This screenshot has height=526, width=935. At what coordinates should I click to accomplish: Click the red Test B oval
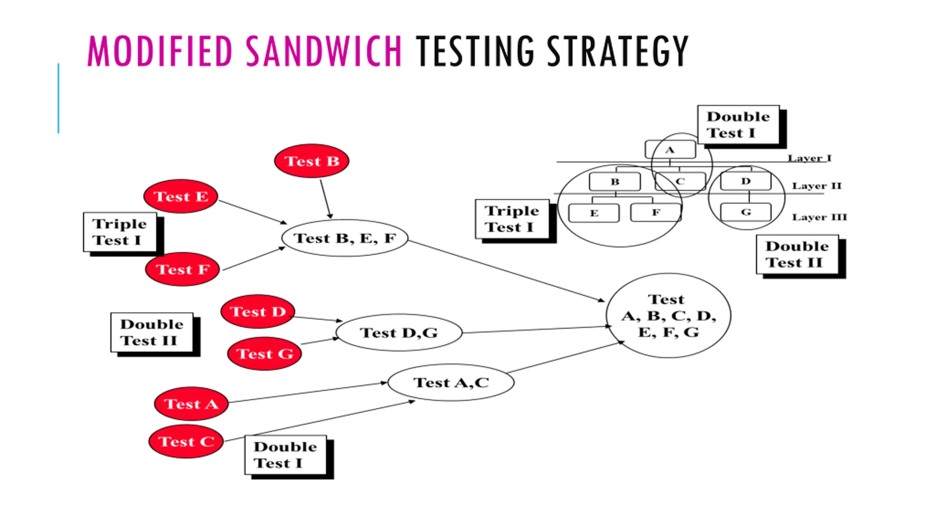coord(312,161)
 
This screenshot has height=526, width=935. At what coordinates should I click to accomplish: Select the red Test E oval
coord(181,196)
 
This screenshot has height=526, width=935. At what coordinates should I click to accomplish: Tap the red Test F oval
coord(183,269)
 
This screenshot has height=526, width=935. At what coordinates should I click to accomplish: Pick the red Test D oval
coord(258,312)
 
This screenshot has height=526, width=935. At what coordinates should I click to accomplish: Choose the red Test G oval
coord(264,354)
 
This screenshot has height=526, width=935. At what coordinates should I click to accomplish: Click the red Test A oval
coord(191,404)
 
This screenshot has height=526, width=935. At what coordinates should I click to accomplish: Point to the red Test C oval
coord(186,441)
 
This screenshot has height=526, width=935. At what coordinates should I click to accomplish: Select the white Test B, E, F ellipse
coord(345,238)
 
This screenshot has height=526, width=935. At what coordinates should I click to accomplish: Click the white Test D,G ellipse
coord(399,332)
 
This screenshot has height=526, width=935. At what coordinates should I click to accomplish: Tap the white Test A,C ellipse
coord(451,382)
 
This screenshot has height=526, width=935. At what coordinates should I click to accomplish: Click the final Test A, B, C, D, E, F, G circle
coord(668,315)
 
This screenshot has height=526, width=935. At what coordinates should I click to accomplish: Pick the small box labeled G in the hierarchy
coord(746,212)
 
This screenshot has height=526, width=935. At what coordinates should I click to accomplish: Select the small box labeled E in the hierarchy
coord(594,213)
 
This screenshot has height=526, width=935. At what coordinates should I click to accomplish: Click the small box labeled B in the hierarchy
coord(615,182)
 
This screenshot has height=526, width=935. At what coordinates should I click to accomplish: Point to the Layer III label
coord(819,217)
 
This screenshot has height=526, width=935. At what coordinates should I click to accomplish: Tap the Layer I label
coord(809,158)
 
